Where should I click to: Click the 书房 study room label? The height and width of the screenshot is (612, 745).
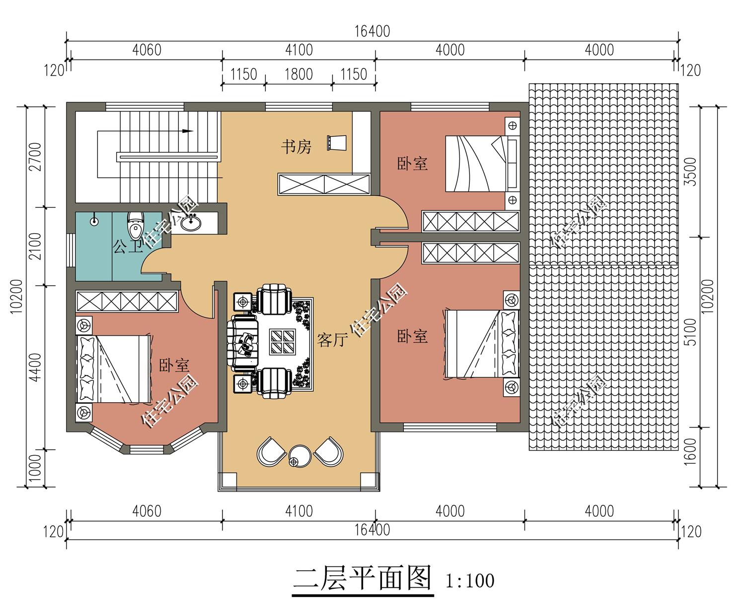[x=296, y=146]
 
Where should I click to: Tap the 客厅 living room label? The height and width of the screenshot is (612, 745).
[x=332, y=340]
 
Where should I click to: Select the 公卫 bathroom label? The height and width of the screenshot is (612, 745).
[x=128, y=245]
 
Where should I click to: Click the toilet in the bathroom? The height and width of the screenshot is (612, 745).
[x=135, y=225]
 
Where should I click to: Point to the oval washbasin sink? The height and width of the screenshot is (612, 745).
[x=191, y=223]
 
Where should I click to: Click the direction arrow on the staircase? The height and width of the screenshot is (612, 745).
[x=187, y=131]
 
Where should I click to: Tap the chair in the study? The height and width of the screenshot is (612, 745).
[x=337, y=143]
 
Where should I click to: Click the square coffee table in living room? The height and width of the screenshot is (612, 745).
[x=282, y=342]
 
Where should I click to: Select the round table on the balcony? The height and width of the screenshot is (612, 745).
[x=299, y=455]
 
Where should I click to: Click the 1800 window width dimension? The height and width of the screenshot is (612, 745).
[x=298, y=74]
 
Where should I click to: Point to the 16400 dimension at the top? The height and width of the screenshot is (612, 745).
[x=372, y=31]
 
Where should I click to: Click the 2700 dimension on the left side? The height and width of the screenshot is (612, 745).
[x=35, y=157]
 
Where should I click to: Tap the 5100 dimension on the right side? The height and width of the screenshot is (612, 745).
[x=690, y=332]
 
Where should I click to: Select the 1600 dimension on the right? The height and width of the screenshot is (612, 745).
[x=690, y=451]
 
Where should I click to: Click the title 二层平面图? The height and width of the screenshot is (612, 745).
[x=363, y=578]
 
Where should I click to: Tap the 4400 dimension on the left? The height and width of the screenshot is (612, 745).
[x=35, y=367]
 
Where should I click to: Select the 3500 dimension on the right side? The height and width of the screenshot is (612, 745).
[x=690, y=172]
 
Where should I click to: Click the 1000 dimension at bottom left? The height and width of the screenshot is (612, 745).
[x=35, y=468]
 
